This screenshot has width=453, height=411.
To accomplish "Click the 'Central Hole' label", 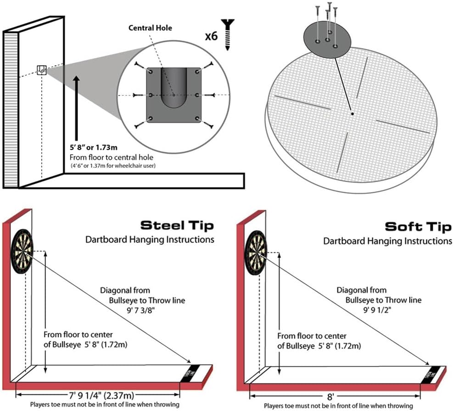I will point(150,28).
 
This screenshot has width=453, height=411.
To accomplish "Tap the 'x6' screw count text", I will point(211,36).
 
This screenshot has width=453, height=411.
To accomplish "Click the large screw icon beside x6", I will point(228,33).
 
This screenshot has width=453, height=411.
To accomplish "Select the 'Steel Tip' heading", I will point(177,225).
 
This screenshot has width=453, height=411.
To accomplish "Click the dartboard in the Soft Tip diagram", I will point(256,251).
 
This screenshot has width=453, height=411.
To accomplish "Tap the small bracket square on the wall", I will point(41,70).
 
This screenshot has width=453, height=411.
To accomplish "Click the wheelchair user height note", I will point(112,166).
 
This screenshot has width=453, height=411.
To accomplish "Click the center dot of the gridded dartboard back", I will point(351,113).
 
